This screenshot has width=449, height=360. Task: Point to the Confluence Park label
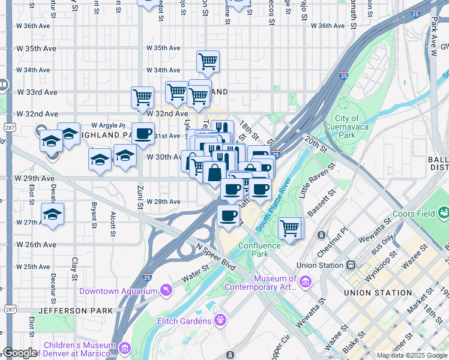coord(259,250)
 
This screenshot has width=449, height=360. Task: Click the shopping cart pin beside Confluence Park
coord(291,227)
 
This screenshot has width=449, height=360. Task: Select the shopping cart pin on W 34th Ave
coord(208,61)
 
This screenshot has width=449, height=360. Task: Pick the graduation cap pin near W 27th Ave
coord(53,214)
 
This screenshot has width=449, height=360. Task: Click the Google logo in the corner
coord(20,353)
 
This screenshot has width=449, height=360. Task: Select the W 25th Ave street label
coord(33,267)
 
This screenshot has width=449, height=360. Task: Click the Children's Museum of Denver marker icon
coord(125,347)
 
